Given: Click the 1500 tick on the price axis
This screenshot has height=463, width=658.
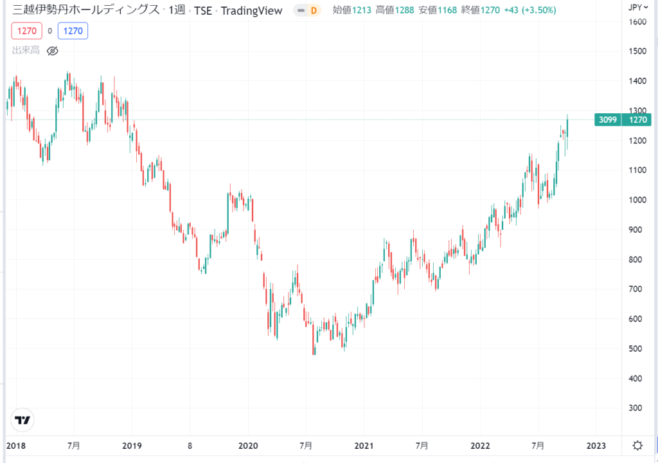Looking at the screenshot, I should [x=639, y=51].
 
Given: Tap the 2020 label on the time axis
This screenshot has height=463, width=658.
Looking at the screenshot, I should [x=247, y=446].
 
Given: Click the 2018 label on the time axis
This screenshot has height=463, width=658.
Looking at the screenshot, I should [x=15, y=446].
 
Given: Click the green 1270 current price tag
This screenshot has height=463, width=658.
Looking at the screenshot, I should [x=640, y=120].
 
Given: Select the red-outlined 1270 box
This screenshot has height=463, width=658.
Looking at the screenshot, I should [x=28, y=30].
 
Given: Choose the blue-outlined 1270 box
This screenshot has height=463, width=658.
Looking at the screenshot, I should [x=73, y=30].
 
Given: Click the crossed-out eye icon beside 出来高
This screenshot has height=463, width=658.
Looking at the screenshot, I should [x=53, y=50].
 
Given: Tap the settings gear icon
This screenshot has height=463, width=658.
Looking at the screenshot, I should [x=637, y=446].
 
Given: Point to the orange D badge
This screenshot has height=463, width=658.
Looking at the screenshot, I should [x=314, y=10].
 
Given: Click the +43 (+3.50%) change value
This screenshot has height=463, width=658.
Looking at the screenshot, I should [x=529, y=10].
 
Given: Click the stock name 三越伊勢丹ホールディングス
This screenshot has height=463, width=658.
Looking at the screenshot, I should [x=83, y=10].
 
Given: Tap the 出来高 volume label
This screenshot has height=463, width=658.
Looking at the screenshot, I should [x=25, y=50].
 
